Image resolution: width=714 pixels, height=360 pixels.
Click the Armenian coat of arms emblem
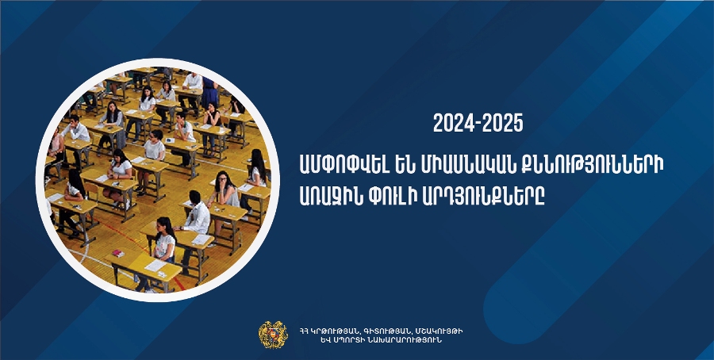(x=273, y=335)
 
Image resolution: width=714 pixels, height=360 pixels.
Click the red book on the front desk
(x=118, y=253)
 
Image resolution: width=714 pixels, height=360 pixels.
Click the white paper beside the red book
(x=155, y=266)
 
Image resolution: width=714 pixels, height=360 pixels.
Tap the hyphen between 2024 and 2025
(x=478, y=124)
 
